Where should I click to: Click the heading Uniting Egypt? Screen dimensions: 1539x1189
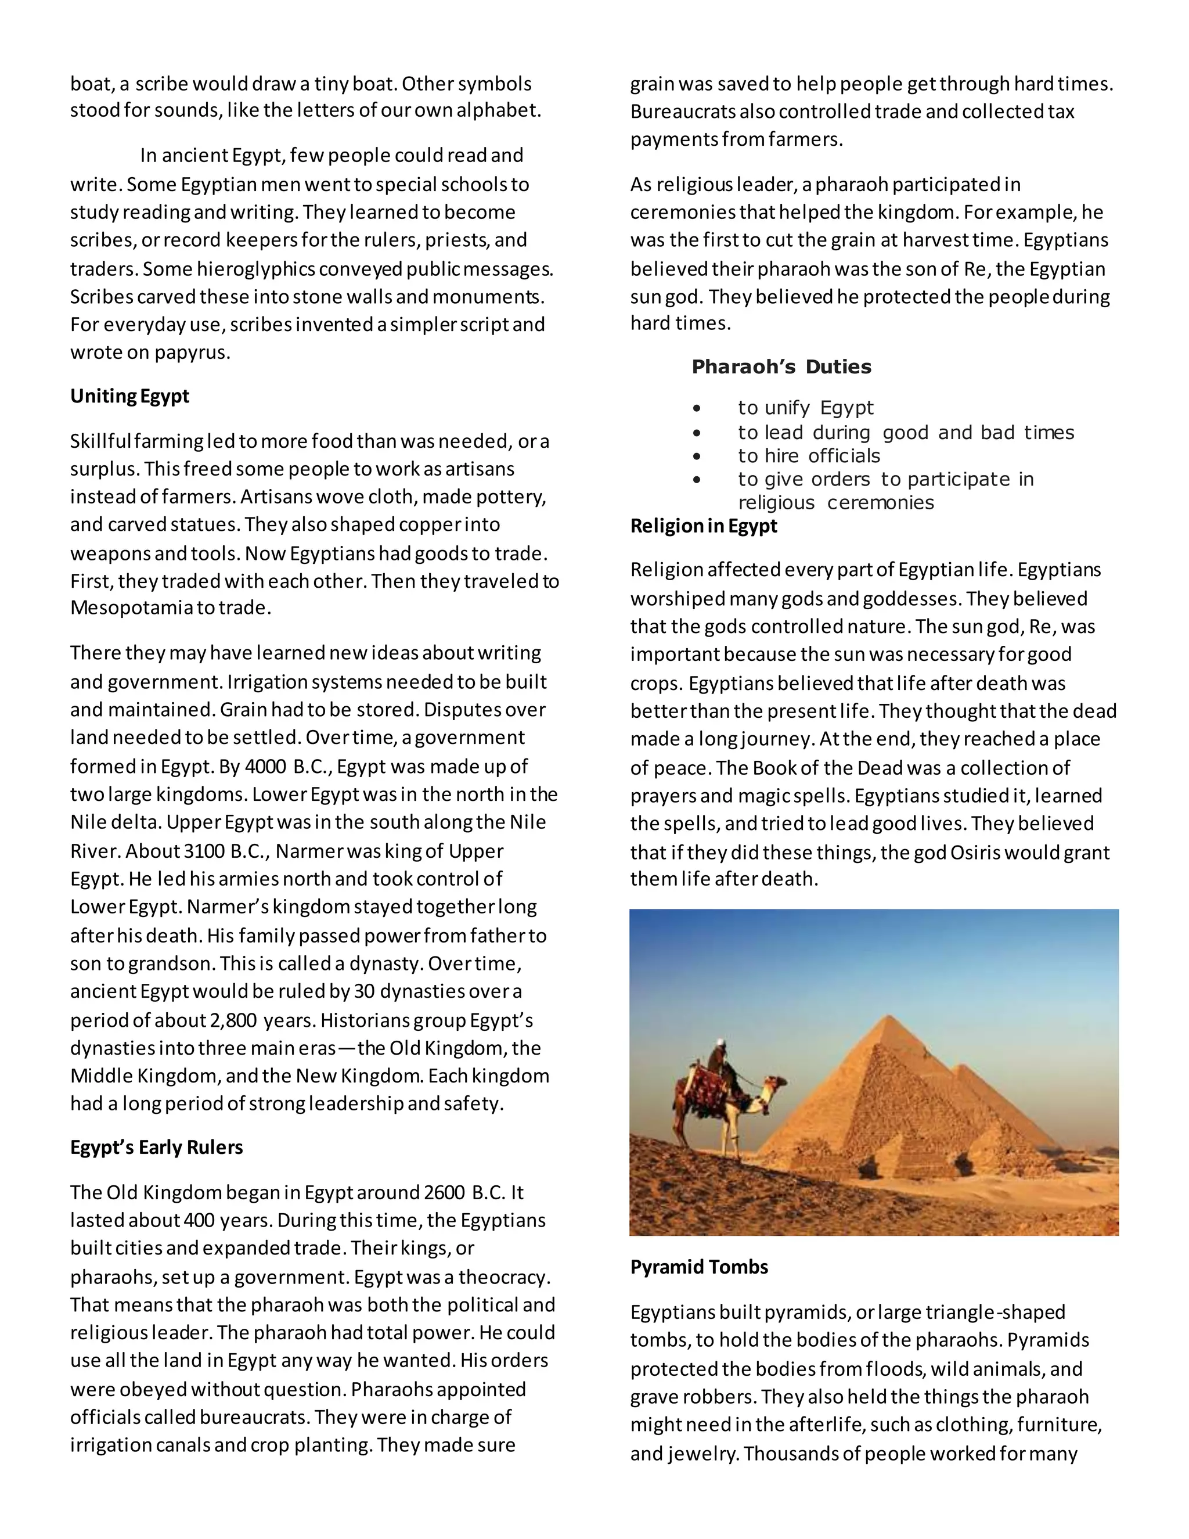click(129, 396)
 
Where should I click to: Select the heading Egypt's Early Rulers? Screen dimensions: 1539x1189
click(156, 1147)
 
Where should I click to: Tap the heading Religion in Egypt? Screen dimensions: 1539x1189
click(704, 526)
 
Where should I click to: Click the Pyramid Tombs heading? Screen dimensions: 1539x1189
click(699, 1267)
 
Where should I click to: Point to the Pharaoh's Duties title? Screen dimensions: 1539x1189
click(781, 366)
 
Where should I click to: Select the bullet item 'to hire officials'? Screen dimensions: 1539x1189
click(809, 455)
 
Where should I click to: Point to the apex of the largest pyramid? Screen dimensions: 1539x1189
click(891, 1017)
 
